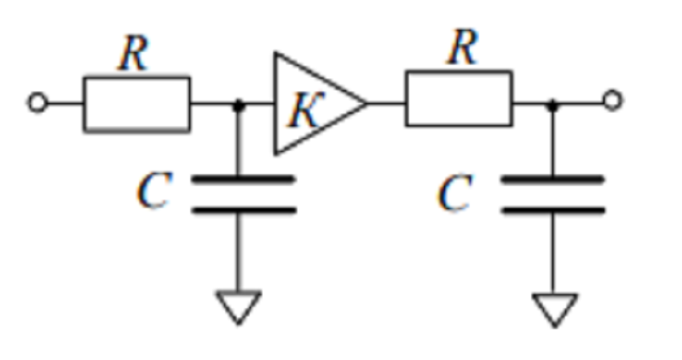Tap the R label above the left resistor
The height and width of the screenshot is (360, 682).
[x=134, y=53]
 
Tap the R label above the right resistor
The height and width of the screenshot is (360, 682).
[x=463, y=47]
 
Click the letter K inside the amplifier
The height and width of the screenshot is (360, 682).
[x=306, y=110]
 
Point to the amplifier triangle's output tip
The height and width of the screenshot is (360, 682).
[x=367, y=103]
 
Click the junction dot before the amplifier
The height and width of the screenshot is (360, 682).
[x=239, y=105]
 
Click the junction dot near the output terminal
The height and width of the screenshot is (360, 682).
[x=552, y=104]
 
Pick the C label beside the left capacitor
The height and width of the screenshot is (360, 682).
[x=153, y=191]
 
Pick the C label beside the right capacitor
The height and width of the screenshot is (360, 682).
[x=454, y=193]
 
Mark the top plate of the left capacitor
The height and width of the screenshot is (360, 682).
[x=244, y=179]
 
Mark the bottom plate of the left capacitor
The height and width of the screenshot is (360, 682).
[x=244, y=211]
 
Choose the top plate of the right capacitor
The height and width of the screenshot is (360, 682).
[x=552, y=179]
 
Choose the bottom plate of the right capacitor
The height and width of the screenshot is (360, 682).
[x=552, y=211]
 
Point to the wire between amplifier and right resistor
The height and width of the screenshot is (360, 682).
[x=386, y=103]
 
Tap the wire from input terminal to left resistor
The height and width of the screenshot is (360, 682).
[x=66, y=103]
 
